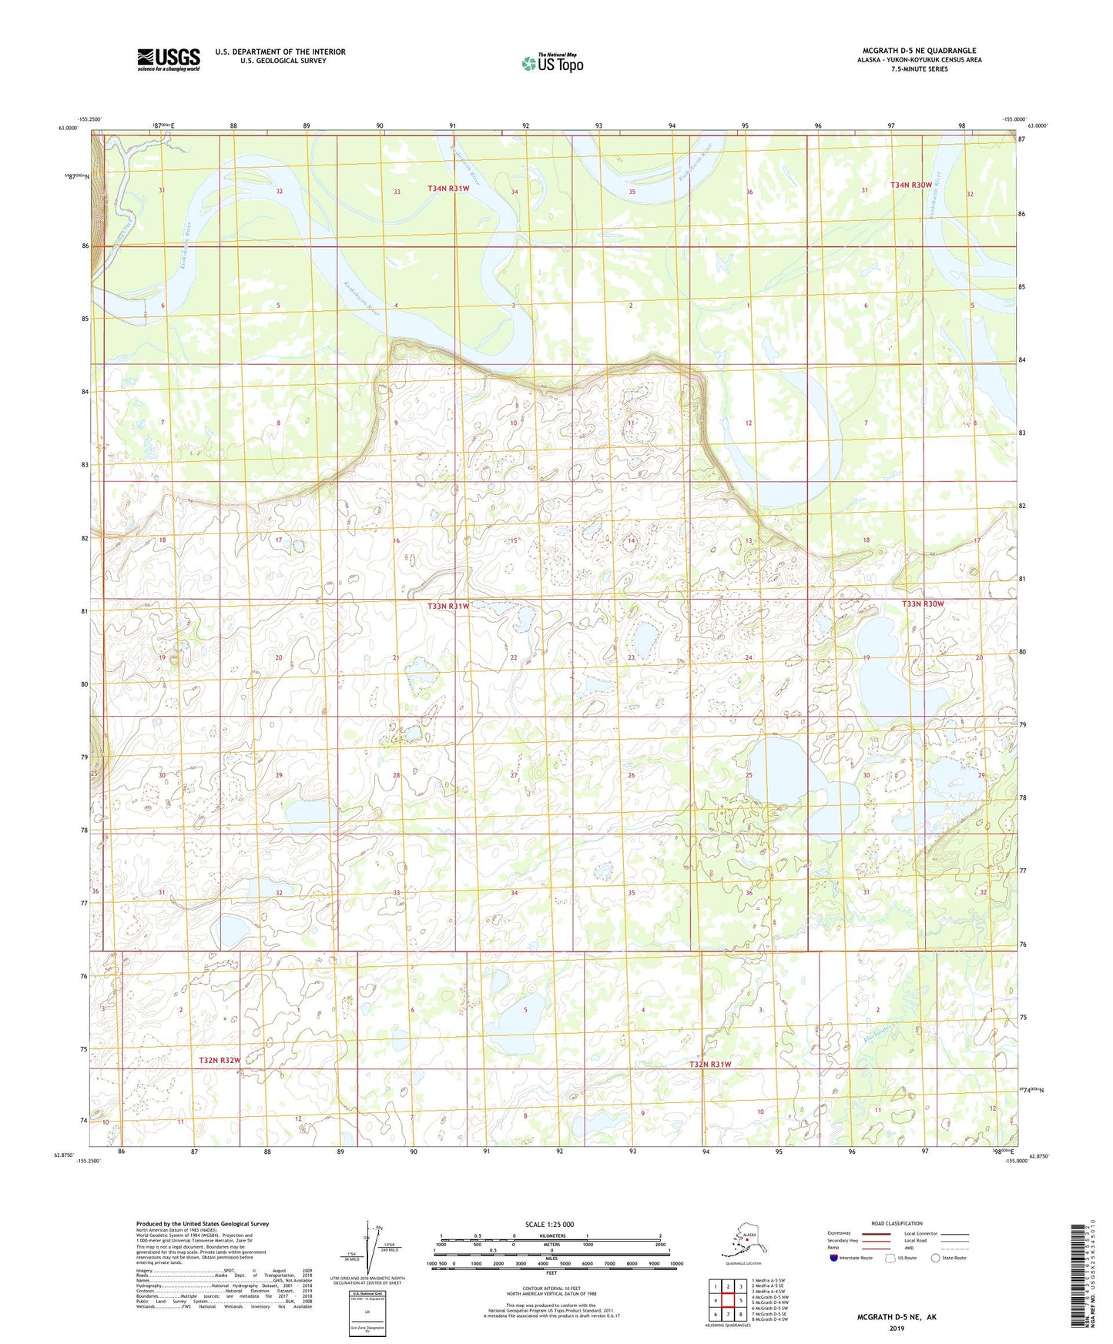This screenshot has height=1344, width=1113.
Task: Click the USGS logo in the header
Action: (x=168, y=59)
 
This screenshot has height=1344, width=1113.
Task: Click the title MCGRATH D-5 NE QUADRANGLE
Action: (x=919, y=51)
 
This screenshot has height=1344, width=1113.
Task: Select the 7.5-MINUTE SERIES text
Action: (x=919, y=69)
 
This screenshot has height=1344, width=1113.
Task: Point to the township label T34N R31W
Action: (x=448, y=189)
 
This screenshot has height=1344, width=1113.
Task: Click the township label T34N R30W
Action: (x=911, y=185)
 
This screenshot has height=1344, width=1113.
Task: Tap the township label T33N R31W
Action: (x=448, y=606)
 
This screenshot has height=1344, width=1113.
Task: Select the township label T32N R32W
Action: (x=220, y=1060)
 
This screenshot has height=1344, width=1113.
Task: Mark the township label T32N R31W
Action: (x=709, y=1065)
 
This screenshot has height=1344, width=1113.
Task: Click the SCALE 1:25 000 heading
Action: (x=550, y=1225)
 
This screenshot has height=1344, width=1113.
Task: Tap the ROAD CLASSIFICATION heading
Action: (x=897, y=1223)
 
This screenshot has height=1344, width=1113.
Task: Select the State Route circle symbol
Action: (x=936, y=1258)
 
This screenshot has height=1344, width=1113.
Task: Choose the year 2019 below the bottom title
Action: (x=897, y=1329)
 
